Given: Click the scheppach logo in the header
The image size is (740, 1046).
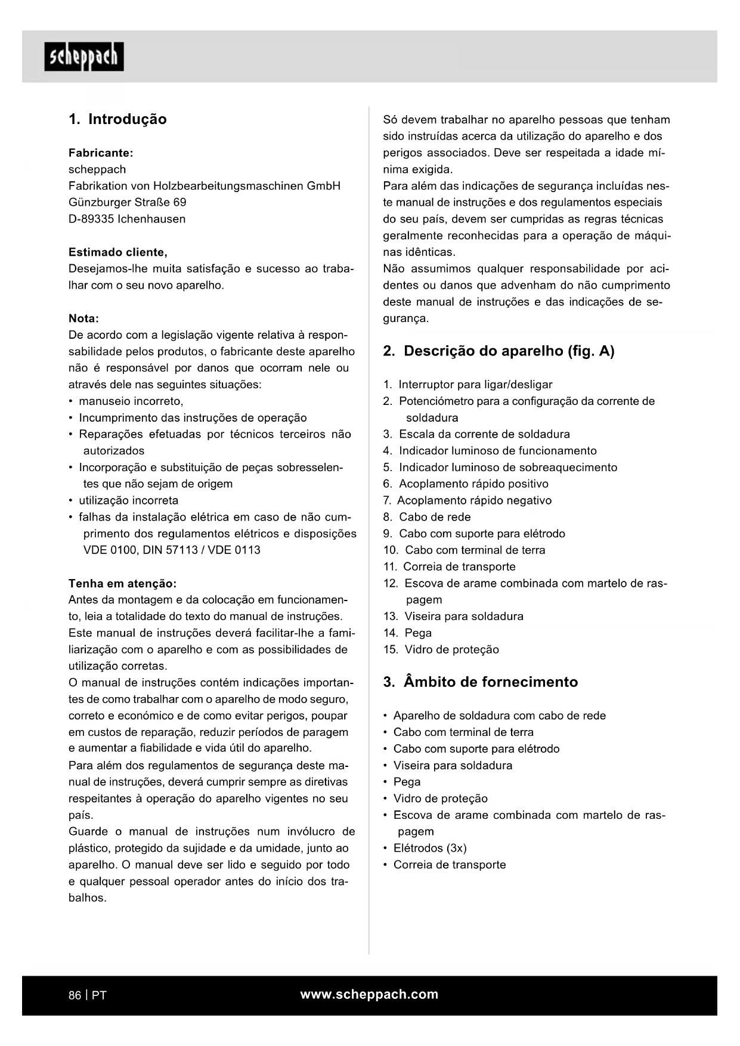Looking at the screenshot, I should pyautogui.click(x=84, y=57).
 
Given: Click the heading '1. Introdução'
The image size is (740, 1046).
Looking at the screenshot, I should pyautogui.click(x=117, y=119).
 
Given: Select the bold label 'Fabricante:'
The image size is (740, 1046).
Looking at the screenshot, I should pyautogui.click(x=101, y=153).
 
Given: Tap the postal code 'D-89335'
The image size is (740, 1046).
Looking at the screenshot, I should pyautogui.click(x=91, y=219).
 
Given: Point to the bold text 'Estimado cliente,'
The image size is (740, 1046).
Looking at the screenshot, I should pyautogui.click(x=118, y=252).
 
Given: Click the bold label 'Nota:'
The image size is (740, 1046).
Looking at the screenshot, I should pyautogui.click(x=83, y=318).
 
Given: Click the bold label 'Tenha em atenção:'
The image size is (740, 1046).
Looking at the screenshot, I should pyautogui.click(x=122, y=583).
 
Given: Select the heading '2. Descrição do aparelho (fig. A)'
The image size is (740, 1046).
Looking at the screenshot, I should pyautogui.click(x=499, y=351).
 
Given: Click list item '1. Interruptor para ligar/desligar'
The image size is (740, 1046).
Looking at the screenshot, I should pyautogui.click(x=467, y=385).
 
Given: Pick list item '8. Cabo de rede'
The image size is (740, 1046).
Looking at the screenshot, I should pyautogui.click(x=427, y=517).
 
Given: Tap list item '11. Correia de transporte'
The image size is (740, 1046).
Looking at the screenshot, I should pyautogui.click(x=450, y=567).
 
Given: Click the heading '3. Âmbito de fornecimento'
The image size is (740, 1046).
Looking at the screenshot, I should pyautogui.click(x=481, y=682).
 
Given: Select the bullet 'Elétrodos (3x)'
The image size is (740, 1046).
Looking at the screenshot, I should pyautogui.click(x=430, y=848).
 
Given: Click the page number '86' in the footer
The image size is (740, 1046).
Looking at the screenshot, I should pyautogui.click(x=75, y=995).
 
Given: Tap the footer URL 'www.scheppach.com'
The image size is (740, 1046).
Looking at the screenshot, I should pyautogui.click(x=369, y=995).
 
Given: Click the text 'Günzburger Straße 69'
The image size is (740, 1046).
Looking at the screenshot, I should pyautogui.click(x=128, y=202).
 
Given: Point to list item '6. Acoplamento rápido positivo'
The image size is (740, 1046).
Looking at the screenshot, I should pyautogui.click(x=466, y=484).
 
